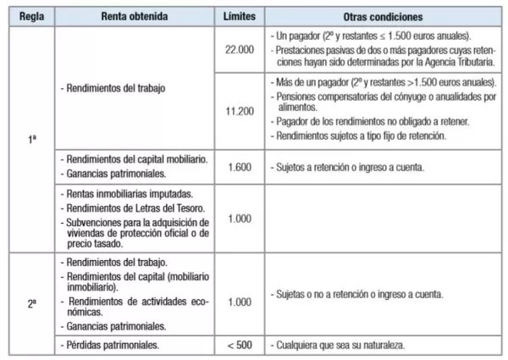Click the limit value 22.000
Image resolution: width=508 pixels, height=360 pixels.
(x=240, y=51)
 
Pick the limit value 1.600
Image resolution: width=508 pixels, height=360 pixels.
(x=240, y=167)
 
